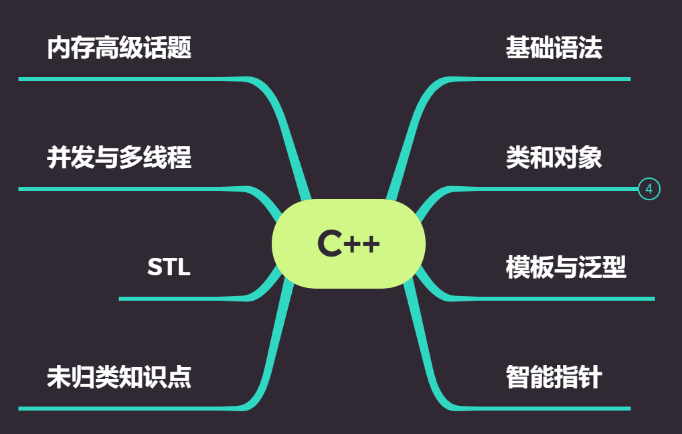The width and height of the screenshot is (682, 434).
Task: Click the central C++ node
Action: (349, 243)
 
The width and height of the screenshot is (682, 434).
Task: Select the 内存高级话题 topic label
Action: (119, 48)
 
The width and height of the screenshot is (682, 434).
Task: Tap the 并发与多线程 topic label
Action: (119, 158)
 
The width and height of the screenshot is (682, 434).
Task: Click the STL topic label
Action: (169, 267)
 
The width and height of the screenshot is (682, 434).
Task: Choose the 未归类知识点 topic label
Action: (119, 377)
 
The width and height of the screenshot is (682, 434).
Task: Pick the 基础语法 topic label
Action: (553, 48)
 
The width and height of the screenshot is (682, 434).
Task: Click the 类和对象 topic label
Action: (553, 158)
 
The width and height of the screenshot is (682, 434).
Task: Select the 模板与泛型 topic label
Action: (566, 267)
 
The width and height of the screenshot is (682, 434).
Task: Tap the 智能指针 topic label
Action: (553, 377)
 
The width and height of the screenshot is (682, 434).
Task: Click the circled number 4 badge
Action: (649, 190)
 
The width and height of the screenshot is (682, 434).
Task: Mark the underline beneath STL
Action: (181, 298)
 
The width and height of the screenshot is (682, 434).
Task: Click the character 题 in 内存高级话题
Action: (179, 48)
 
